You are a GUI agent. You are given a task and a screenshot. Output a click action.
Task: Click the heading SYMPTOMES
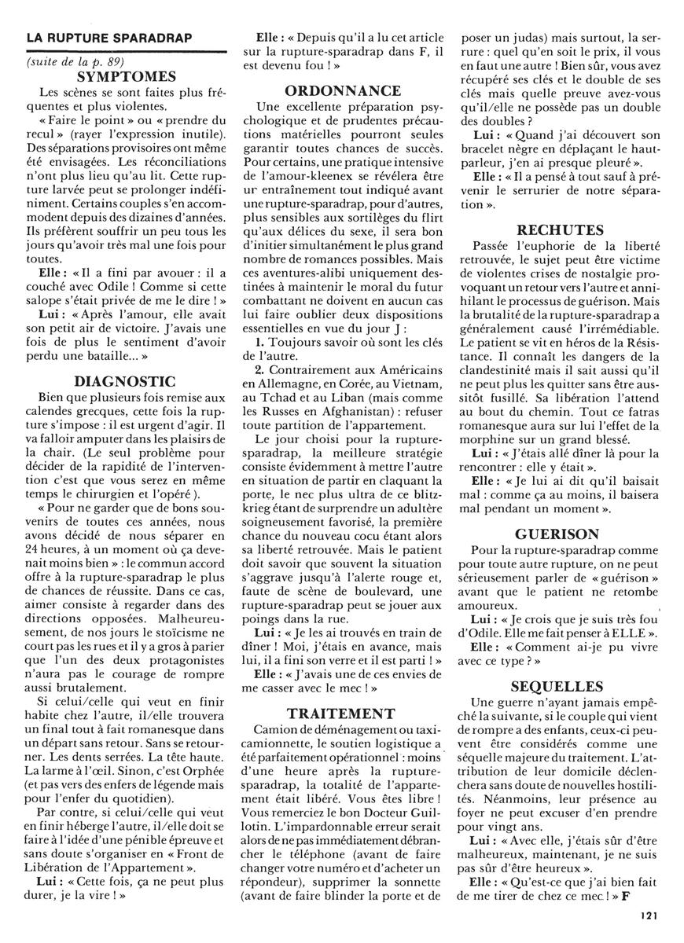click(127, 77)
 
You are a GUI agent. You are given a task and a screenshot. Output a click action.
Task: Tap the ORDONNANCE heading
click(343, 91)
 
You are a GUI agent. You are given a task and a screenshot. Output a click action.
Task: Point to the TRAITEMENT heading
click(341, 714)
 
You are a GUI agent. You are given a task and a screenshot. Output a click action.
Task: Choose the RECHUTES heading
click(561, 230)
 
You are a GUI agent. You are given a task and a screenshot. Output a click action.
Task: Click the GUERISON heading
click(560, 534)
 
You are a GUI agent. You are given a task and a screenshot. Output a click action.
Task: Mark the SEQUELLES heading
click(560, 685)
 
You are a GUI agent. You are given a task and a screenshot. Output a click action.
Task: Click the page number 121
click(649, 915)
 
